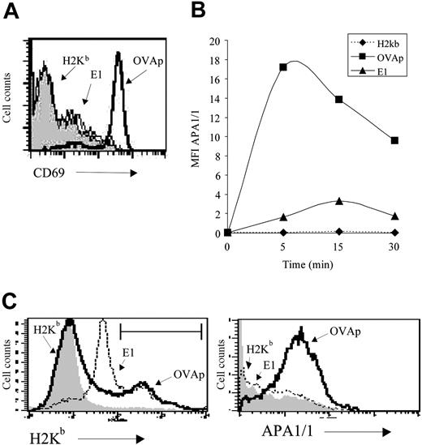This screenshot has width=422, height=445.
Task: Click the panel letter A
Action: point(11,11)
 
